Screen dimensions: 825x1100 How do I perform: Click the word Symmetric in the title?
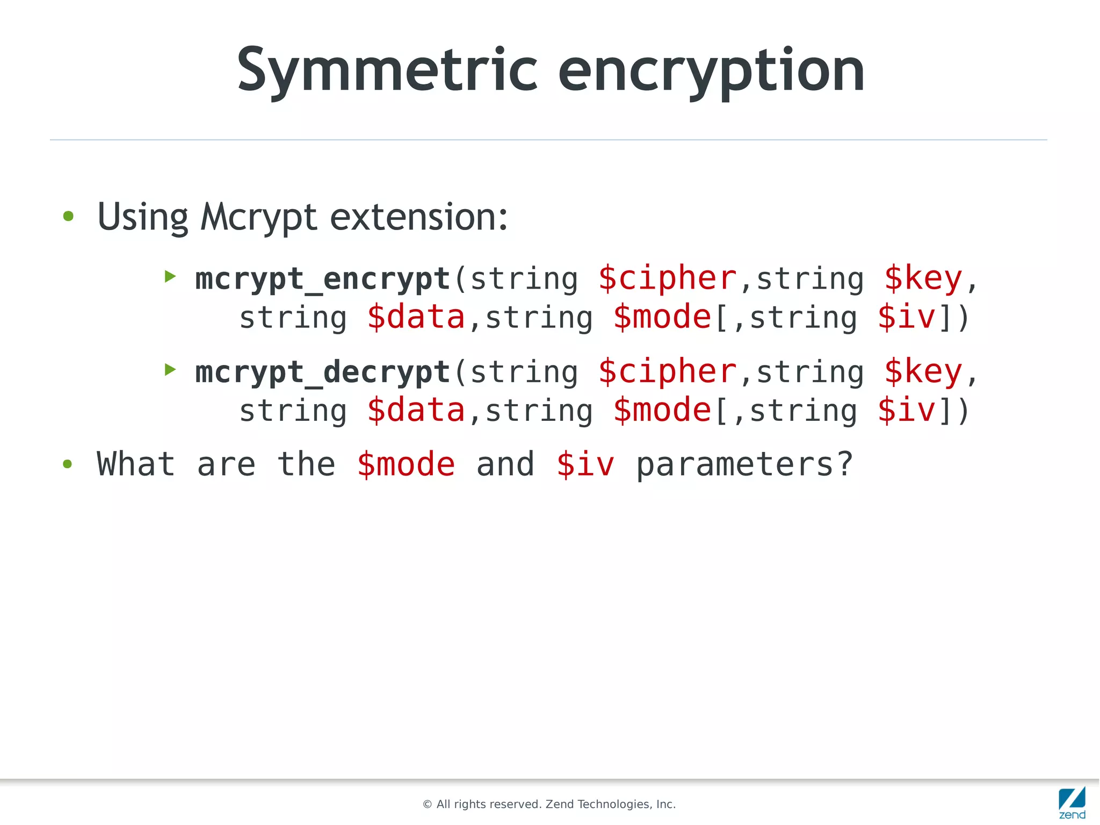point(387,71)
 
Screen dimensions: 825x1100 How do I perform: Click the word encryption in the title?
point(711,71)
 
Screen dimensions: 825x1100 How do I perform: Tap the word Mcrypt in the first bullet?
point(258,218)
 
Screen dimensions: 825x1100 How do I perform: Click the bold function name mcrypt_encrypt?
point(322,279)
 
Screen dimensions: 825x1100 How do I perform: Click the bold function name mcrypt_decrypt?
point(322,372)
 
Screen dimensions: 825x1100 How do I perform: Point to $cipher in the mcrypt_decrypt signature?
point(668,371)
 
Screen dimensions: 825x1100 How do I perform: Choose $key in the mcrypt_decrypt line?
point(923,371)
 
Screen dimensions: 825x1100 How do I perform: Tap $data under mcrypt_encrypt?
point(416,317)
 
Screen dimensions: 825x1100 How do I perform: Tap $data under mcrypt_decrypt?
point(416,410)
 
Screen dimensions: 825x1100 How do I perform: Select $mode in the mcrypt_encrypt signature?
point(662,317)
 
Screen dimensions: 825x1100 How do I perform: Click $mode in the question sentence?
point(406,464)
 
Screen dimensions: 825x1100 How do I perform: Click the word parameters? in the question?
point(744,465)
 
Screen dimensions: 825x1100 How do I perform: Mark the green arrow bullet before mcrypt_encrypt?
point(170,276)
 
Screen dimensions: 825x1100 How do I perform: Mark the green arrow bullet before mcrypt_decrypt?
point(170,369)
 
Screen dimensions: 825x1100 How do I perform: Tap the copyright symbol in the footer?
point(428,805)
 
